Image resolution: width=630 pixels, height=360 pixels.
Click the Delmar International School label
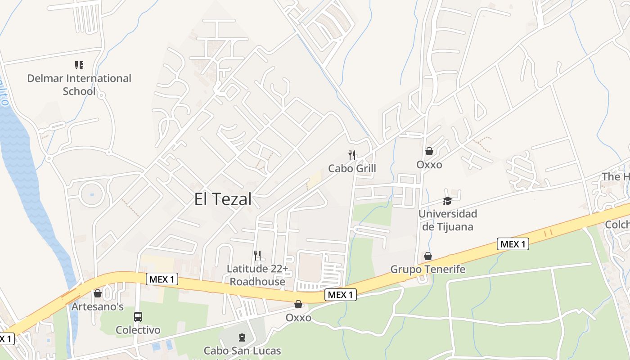(79, 85)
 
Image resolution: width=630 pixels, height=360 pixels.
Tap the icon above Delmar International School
(79, 66)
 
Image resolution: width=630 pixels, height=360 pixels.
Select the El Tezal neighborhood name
(223, 199)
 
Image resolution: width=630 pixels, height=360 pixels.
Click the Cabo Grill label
(352, 168)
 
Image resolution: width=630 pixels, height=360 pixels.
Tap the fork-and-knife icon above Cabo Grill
(352, 155)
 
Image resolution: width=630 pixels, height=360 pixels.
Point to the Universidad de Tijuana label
(447, 220)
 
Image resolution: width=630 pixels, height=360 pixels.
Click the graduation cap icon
(447, 201)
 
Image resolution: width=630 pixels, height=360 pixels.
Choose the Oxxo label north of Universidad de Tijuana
(429, 165)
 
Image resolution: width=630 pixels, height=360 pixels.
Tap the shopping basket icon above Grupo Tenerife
(427, 256)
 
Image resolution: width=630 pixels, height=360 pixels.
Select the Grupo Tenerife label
(427, 269)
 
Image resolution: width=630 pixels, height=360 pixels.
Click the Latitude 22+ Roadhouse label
(257, 275)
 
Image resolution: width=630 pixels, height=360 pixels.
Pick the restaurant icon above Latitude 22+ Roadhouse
(257, 256)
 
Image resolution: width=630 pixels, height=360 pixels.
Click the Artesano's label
(98, 307)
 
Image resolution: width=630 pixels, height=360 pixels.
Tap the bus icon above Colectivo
(138, 317)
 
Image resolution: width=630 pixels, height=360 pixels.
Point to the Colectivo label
(138, 330)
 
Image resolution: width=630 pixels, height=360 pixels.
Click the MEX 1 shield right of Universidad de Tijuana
(513, 244)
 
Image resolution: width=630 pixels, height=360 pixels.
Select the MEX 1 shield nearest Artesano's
(162, 279)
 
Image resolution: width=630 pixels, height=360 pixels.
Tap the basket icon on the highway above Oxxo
(298, 305)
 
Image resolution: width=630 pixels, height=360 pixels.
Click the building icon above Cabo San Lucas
(242, 337)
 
